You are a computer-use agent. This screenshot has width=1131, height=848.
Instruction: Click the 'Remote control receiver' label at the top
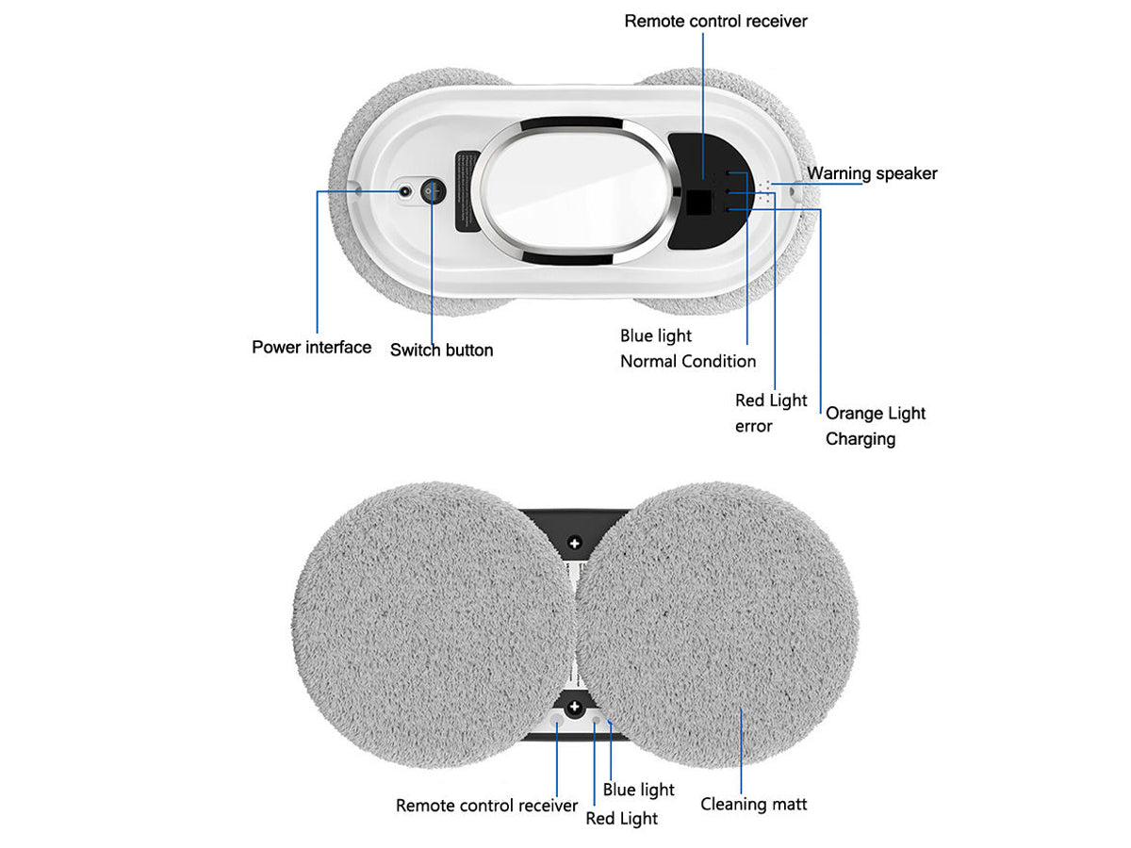pyautogui.click(x=715, y=21)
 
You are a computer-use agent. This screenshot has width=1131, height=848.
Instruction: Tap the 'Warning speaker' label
pyautogui.click(x=871, y=173)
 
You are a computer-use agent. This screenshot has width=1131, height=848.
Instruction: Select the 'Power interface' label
pyautogui.click(x=311, y=347)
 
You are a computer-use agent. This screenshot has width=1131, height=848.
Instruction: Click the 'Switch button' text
pyautogui.click(x=441, y=351)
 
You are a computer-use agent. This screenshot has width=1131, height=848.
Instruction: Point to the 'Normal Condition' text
pyautogui.click(x=688, y=362)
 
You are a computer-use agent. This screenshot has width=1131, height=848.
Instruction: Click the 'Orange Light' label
pyautogui.click(x=875, y=414)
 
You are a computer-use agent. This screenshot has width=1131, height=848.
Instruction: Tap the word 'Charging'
pyautogui.click(x=860, y=439)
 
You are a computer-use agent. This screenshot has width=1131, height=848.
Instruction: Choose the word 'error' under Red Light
pyautogui.click(x=753, y=426)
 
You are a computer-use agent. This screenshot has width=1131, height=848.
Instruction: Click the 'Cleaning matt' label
pyautogui.click(x=753, y=804)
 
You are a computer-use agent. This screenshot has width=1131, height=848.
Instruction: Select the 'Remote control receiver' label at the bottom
pyautogui.click(x=486, y=806)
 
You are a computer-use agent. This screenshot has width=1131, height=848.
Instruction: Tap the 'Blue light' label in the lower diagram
pyautogui.click(x=638, y=790)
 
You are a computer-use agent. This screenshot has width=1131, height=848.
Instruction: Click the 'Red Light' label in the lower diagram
pyautogui.click(x=621, y=818)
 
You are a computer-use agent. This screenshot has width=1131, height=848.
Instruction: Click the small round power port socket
pyautogui.click(x=405, y=191)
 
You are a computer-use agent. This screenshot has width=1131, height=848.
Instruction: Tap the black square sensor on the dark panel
pyautogui.click(x=698, y=203)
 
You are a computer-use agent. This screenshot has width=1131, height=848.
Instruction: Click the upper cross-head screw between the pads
pyautogui.click(x=575, y=543)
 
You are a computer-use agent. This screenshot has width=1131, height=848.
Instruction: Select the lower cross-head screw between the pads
pyautogui.click(x=575, y=707)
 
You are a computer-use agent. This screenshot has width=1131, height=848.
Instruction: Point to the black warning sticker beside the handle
pyautogui.click(x=467, y=191)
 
